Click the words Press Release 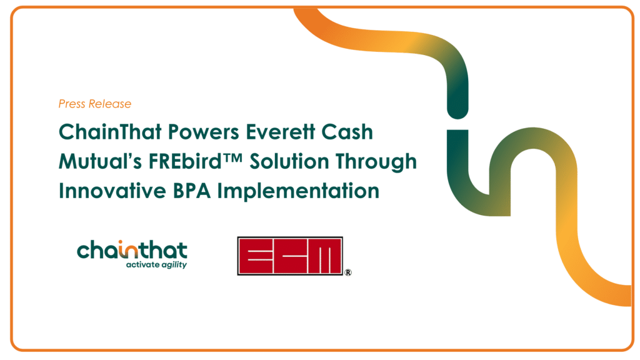point(95,104)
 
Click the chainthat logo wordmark point(132,251)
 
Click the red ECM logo point(290,256)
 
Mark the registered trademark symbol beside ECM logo point(347,272)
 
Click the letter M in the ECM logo point(326,256)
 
